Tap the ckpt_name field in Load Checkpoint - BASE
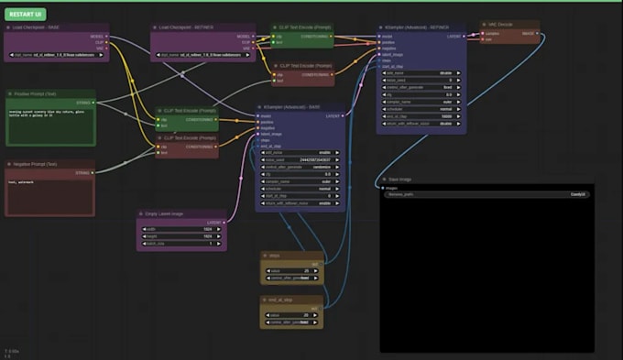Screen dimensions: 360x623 pos(57,55)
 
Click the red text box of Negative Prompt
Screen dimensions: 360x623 pos(49,192)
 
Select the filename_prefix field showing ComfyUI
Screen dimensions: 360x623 pos(486,194)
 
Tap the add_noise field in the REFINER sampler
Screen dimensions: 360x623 pos(422,71)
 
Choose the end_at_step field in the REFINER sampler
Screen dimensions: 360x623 pos(422,115)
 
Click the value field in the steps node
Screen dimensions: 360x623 pos(291,270)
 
